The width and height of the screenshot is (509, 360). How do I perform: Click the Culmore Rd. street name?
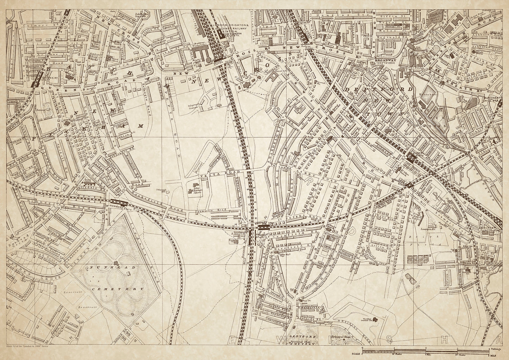33,25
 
